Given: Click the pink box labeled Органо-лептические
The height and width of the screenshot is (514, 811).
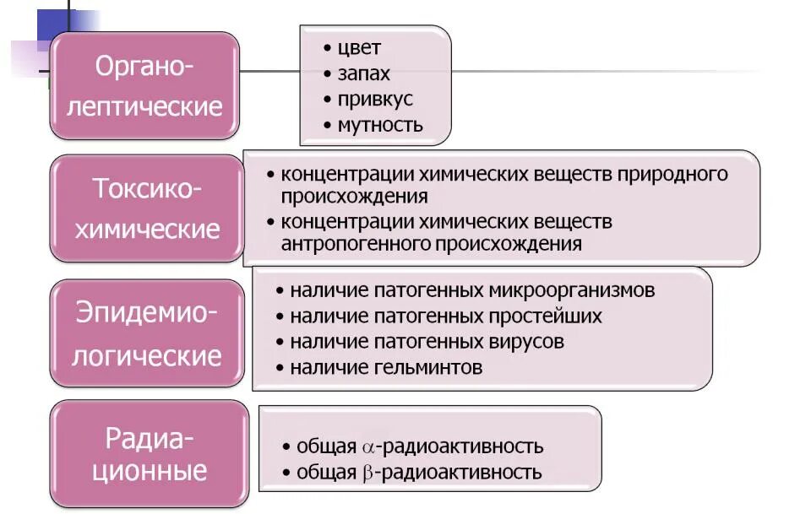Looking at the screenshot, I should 145,86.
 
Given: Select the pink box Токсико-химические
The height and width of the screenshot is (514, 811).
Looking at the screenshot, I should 147,208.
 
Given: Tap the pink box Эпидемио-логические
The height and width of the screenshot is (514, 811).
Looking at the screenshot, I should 147,334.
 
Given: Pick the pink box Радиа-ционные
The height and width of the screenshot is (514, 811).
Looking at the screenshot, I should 150,454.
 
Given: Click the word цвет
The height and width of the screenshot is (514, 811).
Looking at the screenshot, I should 359,47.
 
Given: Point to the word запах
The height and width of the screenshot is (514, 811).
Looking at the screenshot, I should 363,73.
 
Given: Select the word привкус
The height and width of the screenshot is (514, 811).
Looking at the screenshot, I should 375,100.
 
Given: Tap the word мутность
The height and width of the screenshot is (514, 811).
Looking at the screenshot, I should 380,126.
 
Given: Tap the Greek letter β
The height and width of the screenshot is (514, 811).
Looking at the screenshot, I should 367,473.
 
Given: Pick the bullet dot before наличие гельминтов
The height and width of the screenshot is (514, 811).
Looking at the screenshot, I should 280,368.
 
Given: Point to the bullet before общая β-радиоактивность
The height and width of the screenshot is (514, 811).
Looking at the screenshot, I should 287,473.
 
